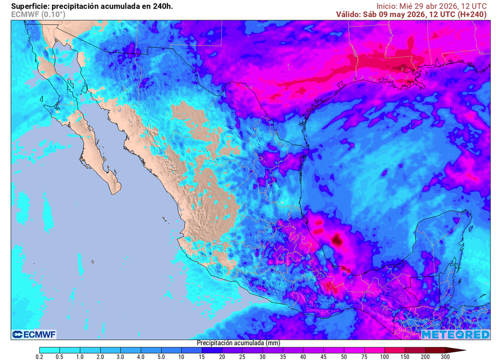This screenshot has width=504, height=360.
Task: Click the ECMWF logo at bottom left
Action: click(x=34, y=335)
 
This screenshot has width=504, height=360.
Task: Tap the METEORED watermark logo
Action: click(x=455, y=335)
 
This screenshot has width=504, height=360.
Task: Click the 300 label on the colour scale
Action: click(x=444, y=357)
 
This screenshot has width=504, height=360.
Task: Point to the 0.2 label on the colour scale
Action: click(x=39, y=357)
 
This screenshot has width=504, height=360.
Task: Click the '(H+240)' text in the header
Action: click(x=472, y=14)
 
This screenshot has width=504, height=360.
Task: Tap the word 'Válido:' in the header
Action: click(x=348, y=14)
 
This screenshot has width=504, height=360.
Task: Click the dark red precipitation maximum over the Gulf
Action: click(x=337, y=240)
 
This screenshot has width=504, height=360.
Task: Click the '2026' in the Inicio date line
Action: click(x=446, y=6)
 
